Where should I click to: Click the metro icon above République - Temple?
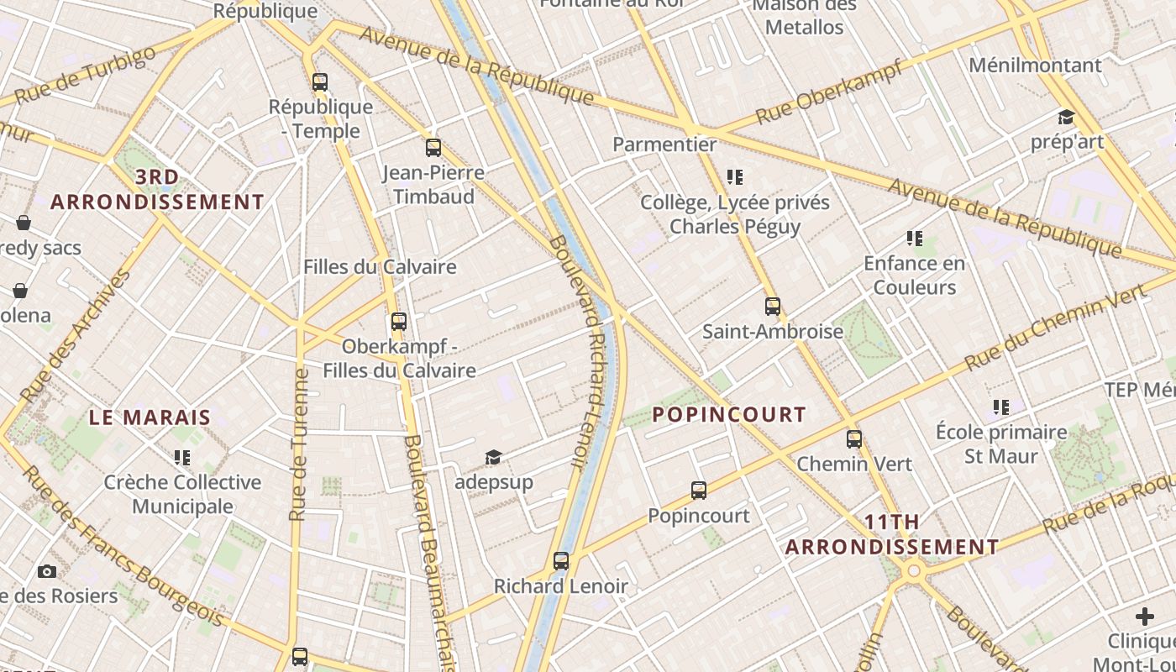pos(319,82)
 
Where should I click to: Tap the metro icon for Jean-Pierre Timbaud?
pos(433,149)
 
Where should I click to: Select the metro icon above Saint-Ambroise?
pos(773,307)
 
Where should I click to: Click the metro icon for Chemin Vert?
pos(854,439)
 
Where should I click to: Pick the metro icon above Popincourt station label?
pos(699,491)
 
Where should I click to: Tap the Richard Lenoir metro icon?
pos(561,561)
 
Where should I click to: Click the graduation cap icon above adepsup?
pos(493,458)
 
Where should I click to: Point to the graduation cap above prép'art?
pos(1066,118)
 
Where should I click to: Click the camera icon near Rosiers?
pos(47,572)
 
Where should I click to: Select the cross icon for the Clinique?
pos(1145,617)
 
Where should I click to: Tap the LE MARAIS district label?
pos(150,417)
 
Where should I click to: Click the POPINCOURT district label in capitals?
pos(729,414)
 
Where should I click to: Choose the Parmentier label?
pos(664,144)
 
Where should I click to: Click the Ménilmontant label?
pos(1035,66)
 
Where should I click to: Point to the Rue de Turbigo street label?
pos(86,76)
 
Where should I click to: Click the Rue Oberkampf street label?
pos(829,92)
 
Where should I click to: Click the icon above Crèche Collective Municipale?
pos(182,458)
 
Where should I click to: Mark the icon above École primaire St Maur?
pos(1001,407)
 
